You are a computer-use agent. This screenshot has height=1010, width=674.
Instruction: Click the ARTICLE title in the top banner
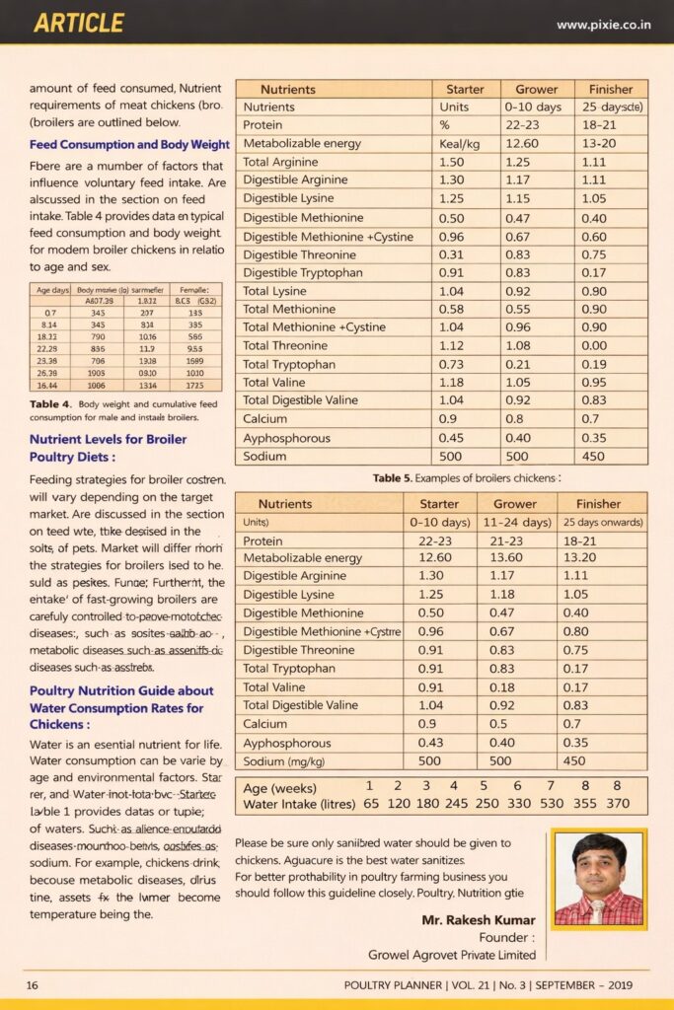click(x=79, y=23)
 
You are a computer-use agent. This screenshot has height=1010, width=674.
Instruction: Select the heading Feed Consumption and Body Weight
click(x=129, y=145)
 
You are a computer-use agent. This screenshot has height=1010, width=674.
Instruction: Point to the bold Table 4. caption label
click(x=49, y=404)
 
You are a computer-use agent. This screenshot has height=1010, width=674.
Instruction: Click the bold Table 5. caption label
click(x=392, y=478)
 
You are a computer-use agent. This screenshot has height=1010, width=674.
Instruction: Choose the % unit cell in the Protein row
click(x=444, y=125)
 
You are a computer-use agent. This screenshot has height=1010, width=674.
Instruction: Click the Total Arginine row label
click(x=280, y=162)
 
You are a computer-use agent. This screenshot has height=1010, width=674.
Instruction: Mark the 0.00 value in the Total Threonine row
click(x=594, y=345)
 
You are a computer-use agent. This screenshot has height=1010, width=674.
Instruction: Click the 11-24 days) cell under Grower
click(x=515, y=522)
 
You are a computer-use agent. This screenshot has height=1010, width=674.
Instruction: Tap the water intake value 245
click(x=457, y=804)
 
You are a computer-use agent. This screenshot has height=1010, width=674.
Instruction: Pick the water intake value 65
click(x=371, y=804)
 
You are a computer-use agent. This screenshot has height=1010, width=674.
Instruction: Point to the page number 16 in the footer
click(x=32, y=984)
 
